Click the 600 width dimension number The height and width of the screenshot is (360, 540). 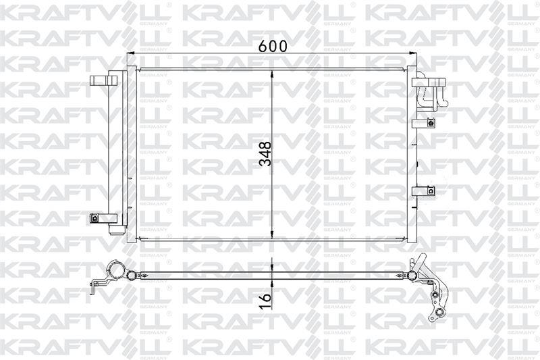(x=273, y=46)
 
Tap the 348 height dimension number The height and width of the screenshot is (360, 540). (x=266, y=154)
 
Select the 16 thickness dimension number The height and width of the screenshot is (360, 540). (x=266, y=301)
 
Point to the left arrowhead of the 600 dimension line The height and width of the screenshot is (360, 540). (x=131, y=53)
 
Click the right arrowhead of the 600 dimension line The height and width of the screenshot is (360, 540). (x=412, y=53)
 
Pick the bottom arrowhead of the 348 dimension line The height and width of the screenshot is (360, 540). (x=273, y=234)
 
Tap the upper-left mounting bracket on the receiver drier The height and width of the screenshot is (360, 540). (x=103, y=80)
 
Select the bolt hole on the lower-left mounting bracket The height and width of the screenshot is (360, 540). (x=94, y=217)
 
